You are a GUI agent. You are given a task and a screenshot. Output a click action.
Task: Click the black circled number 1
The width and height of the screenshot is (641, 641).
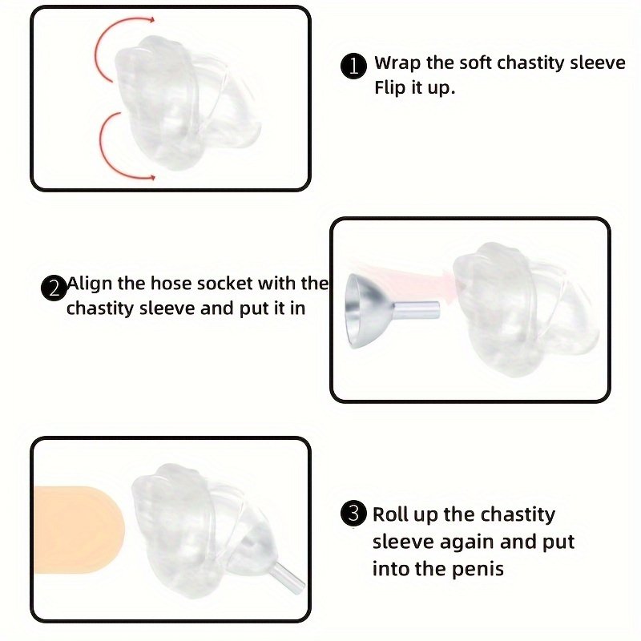pos(353,66)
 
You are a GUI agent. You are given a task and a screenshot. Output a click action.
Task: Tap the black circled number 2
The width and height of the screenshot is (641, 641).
pos(54,288)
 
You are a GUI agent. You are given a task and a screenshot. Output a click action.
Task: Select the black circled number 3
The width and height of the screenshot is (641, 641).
pos(353,514)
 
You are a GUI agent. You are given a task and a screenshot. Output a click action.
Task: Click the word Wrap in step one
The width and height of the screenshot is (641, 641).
pos(397,64)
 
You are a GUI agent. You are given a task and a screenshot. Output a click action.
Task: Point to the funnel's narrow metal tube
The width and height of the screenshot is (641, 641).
pos(416,310)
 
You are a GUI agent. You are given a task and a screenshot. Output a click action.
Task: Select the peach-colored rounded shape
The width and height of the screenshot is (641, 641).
pos(79,530)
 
